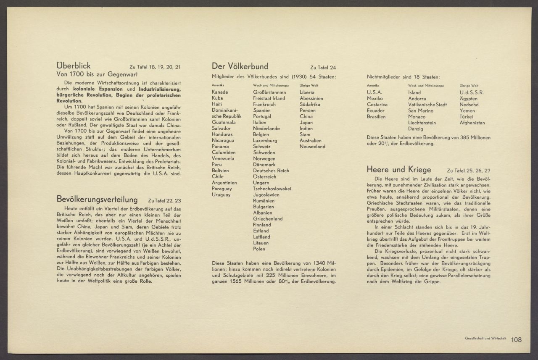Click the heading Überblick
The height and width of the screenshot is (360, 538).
[x=74, y=66]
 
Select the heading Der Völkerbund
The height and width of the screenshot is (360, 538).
[x=240, y=66]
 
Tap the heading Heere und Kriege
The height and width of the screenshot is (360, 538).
[x=399, y=170]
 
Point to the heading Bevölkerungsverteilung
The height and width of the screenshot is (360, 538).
[x=97, y=199]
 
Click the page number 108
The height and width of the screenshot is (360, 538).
[x=517, y=340]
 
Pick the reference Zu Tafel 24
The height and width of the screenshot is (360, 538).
[x=323, y=68]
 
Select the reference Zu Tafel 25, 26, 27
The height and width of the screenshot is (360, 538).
[x=468, y=171]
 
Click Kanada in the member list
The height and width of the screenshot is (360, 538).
[x=220, y=92]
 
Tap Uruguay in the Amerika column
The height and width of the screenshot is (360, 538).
[x=221, y=195]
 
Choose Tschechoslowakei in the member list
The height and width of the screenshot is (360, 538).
[x=272, y=189]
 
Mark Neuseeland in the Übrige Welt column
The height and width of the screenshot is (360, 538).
[x=312, y=147]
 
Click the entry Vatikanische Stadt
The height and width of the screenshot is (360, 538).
[x=427, y=105]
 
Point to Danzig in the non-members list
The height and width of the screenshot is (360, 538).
[x=416, y=129]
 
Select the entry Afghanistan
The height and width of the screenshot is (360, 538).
[x=472, y=123]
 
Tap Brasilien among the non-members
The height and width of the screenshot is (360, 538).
[x=376, y=117]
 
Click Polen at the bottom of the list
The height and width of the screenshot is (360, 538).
[x=259, y=249]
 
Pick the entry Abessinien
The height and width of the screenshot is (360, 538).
[x=311, y=98]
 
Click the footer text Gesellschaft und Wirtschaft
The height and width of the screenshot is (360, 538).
[x=485, y=338]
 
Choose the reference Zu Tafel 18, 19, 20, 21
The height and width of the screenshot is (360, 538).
[x=155, y=67]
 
